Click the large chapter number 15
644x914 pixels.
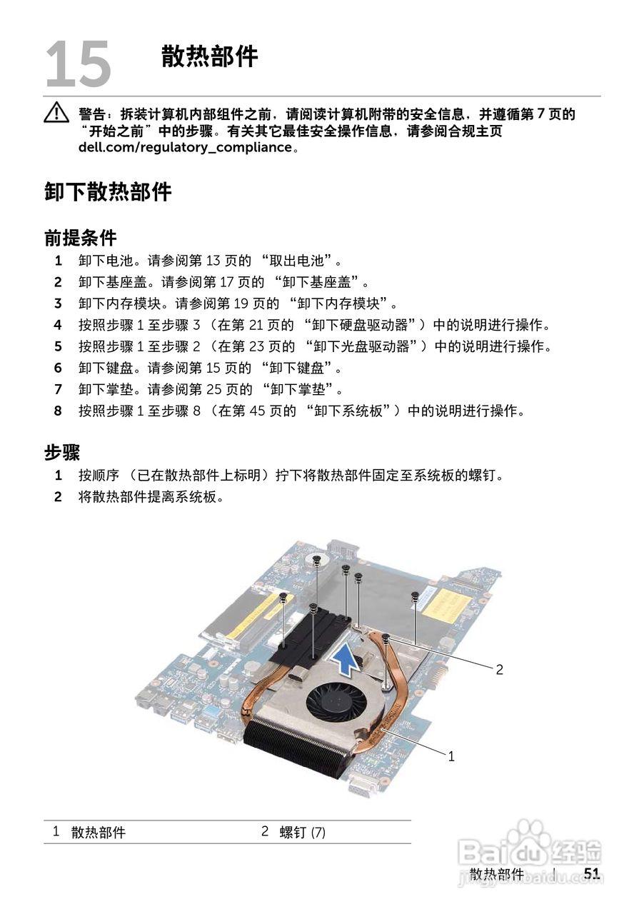[78, 64]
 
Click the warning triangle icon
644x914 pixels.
[55, 113]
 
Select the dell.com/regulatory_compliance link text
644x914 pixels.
[185, 148]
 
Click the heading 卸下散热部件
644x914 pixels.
[108, 191]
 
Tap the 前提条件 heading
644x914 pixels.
[80, 237]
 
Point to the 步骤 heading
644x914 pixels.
[62, 452]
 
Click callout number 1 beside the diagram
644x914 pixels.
[451, 756]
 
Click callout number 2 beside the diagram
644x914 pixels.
[499, 669]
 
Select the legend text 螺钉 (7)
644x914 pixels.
[302, 833]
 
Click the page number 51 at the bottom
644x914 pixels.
[592, 874]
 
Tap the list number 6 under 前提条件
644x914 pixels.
[58, 368]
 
